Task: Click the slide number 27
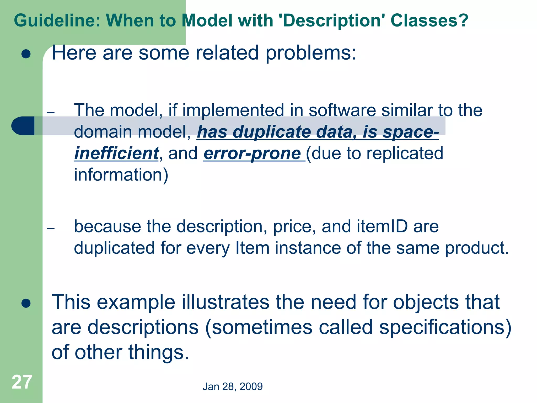(x=22, y=382)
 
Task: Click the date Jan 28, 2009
(x=233, y=387)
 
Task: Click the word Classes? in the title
(x=429, y=20)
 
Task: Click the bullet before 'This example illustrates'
(x=26, y=303)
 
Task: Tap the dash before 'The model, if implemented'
(x=51, y=113)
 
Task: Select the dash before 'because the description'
(x=51, y=229)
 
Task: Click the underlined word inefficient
(x=117, y=153)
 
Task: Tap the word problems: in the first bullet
(x=311, y=53)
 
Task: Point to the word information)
(x=121, y=175)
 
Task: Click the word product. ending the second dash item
(x=477, y=248)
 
